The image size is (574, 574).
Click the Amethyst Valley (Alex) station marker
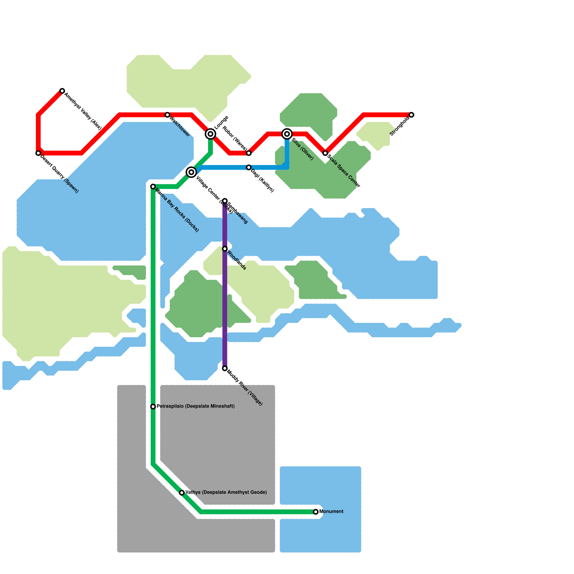point(62,91)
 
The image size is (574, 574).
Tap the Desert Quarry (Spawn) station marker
point(38,153)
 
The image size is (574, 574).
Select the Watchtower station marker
point(167,115)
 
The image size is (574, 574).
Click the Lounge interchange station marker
point(211,134)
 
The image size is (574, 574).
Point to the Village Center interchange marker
point(191,172)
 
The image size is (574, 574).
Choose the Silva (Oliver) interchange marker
point(287,134)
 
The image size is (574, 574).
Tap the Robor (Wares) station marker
point(249,153)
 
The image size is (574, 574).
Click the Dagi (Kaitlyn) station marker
point(249,168)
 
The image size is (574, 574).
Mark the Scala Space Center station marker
point(325,153)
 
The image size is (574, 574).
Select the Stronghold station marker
point(411,115)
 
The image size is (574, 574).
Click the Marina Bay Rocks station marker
point(153,187)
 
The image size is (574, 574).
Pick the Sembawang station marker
point(225,201)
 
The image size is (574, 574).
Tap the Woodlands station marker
point(225,249)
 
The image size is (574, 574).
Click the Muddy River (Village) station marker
point(225,368)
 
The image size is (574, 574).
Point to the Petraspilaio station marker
point(153,406)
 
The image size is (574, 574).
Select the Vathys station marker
point(182,493)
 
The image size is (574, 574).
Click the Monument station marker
point(316,512)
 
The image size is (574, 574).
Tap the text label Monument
point(331,512)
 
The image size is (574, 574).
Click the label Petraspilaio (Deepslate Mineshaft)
point(196,406)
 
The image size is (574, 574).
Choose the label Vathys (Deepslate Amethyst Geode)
point(226,492)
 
